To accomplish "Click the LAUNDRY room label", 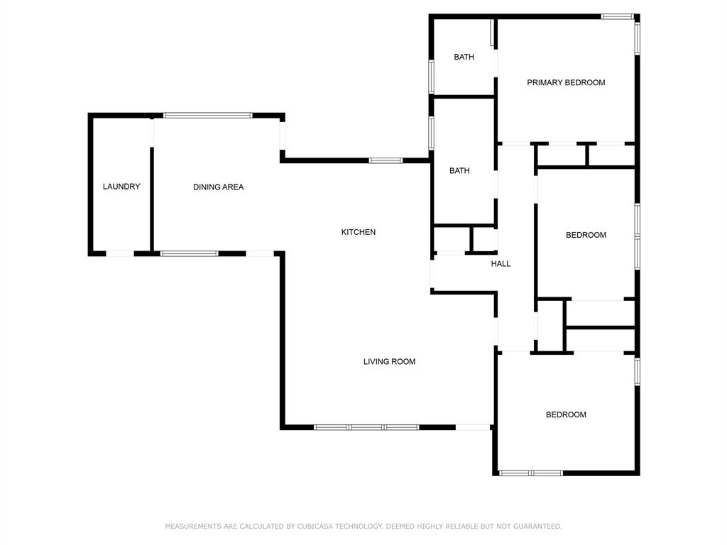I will tap(121, 187).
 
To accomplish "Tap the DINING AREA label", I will tap(218, 187).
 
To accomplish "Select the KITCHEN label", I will tap(359, 232).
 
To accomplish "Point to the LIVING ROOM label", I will tap(389, 362).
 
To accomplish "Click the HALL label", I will tap(501, 264).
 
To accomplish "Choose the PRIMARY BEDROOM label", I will tap(566, 83).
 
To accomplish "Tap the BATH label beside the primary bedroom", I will tap(464, 57).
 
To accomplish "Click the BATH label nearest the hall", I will tap(459, 171).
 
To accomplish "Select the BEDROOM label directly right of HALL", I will tap(586, 236).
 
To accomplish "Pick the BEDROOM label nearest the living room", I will tap(566, 415).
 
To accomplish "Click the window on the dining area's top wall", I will tap(207, 115).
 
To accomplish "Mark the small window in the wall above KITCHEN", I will tap(386, 160).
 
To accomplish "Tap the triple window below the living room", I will tap(366, 427).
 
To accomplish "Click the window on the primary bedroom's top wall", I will tap(617, 16).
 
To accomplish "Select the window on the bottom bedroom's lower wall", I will tap(531, 473).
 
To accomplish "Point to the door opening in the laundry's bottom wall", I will tap(119, 253).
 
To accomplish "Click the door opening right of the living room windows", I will tap(473, 427).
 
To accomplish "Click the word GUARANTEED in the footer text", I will tap(536, 527).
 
